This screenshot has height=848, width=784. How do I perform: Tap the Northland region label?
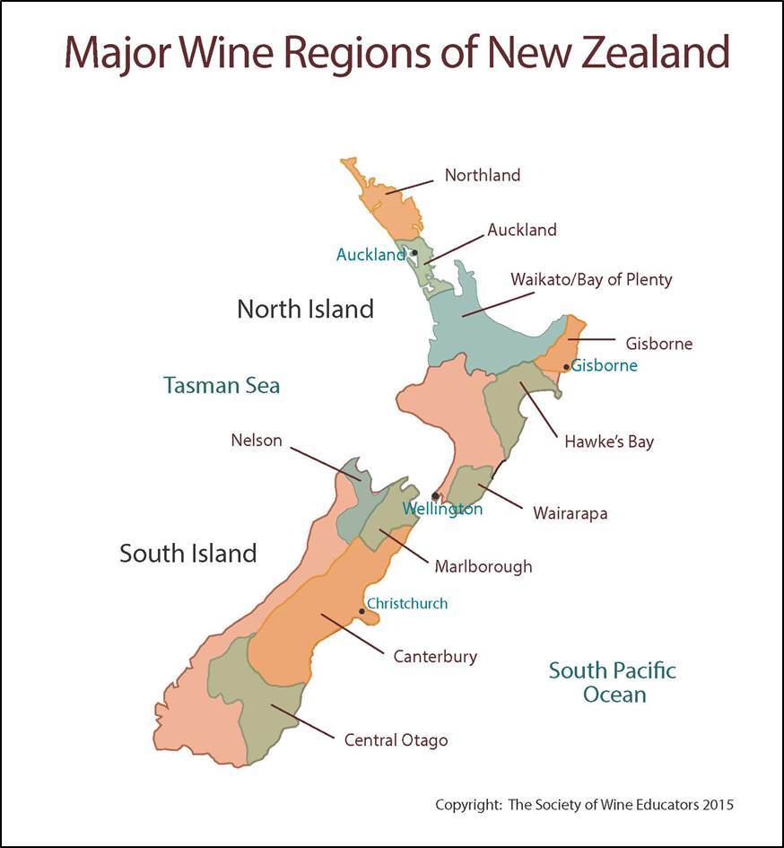tap(482, 175)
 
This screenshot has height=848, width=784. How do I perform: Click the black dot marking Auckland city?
tap(414, 252)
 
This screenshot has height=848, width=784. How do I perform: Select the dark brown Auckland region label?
tap(521, 230)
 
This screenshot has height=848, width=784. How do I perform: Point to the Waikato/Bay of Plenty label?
tap(591, 279)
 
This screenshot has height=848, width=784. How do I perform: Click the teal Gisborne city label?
tap(605, 365)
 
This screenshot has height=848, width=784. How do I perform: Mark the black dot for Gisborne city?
tap(566, 366)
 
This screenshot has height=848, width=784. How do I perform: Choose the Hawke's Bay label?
tap(609, 441)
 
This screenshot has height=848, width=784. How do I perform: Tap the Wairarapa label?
tap(570, 514)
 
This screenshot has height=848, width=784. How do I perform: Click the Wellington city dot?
tap(436, 495)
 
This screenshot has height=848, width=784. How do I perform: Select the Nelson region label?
tap(256, 441)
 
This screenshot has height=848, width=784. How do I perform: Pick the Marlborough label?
tap(483, 566)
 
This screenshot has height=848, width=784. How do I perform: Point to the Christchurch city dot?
tap(362, 611)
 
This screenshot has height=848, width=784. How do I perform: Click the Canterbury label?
tap(435, 657)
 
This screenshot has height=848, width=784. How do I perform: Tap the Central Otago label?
tap(396, 740)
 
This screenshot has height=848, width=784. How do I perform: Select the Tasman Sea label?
tap(222, 386)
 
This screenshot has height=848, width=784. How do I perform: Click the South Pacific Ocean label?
tap(613, 682)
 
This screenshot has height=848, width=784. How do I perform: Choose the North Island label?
tap(305, 310)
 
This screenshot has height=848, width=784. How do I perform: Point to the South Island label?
tap(188, 553)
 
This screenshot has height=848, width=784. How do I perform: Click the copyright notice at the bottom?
tap(584, 805)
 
